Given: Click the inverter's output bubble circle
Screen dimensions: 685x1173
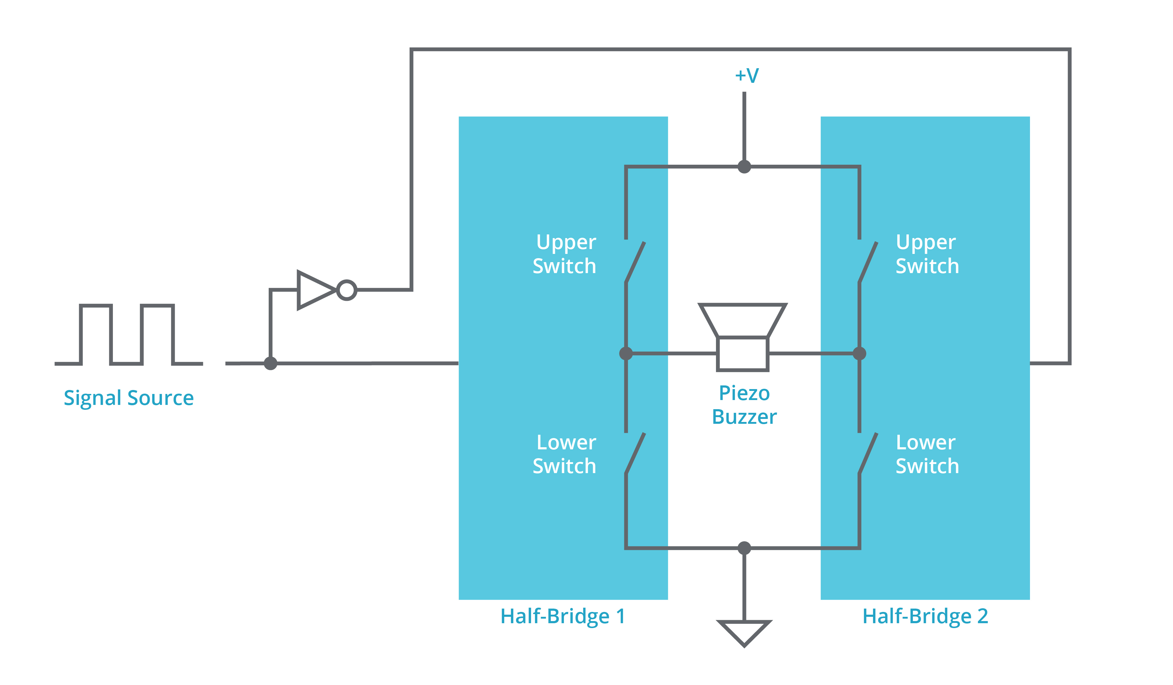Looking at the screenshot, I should (x=346, y=290).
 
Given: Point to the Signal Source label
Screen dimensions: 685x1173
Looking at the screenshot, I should (x=128, y=398).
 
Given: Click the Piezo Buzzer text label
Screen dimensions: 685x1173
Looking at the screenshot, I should (x=744, y=405).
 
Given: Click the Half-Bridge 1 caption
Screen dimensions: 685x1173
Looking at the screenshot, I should (x=562, y=616).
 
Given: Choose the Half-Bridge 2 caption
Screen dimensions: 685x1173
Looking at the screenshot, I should (x=925, y=616).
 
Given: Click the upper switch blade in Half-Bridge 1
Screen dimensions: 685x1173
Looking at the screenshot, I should (x=635, y=262).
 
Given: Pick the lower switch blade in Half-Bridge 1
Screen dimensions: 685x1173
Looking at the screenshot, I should (x=635, y=453).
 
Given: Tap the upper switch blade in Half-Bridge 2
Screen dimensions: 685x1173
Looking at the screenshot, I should (x=868, y=262).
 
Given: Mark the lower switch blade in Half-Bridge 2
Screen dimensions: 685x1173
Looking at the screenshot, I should (x=868, y=453).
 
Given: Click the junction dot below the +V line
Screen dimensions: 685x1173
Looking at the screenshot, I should (x=744, y=167).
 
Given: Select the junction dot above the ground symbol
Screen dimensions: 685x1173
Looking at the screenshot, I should (x=744, y=548).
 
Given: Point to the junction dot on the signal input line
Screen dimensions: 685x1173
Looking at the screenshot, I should (x=271, y=363).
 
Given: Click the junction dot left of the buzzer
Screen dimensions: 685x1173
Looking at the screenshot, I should (x=626, y=354).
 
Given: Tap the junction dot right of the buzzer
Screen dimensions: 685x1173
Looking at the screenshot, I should (x=859, y=354).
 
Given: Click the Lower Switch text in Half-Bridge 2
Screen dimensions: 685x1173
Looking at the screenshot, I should (x=927, y=454).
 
